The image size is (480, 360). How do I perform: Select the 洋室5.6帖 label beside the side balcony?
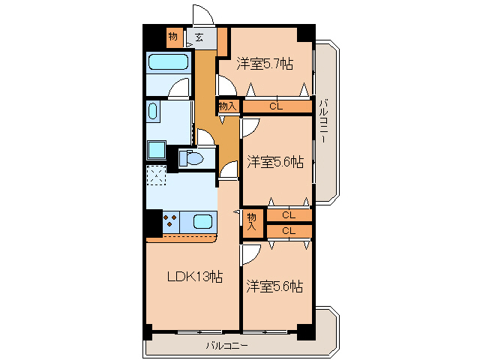(275, 161)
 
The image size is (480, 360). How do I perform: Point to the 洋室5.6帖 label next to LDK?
(275, 286)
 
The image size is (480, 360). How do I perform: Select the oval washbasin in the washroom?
(154, 113)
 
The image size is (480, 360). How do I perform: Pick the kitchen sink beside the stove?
(202, 221)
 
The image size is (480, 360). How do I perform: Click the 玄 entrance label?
(199, 36)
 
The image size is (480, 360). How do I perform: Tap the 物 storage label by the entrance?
(173, 36)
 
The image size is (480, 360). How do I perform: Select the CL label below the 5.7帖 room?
(276, 106)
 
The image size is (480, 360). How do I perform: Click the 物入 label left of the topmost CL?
(228, 106)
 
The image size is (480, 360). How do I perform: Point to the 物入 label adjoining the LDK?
(252, 220)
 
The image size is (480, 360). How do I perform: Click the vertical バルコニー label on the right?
(323, 120)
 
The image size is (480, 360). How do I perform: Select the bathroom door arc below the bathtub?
(178, 90)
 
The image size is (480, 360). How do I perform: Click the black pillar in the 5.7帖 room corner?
(304, 34)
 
